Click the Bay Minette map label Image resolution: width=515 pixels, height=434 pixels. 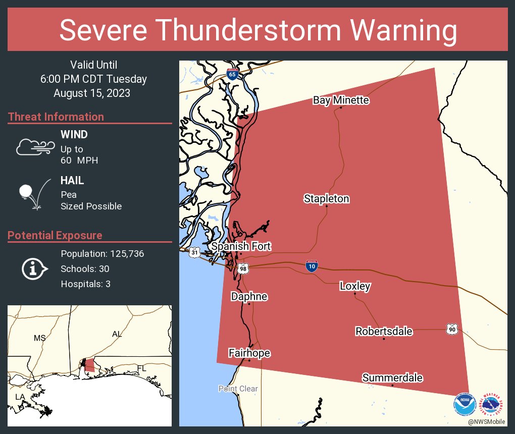pyautogui.click(x=341, y=100)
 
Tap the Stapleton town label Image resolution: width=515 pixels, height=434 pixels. pyautogui.click(x=326, y=199)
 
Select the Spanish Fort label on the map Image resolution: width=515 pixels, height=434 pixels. pyautogui.click(x=241, y=246)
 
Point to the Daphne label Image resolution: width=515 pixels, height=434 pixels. pyautogui.click(x=249, y=297)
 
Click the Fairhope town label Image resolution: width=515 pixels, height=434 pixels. pyautogui.click(x=249, y=353)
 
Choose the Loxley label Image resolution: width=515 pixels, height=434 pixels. pyautogui.click(x=355, y=287)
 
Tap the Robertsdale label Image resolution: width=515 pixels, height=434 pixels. pyautogui.click(x=384, y=332)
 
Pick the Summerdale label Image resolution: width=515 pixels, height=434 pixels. pyautogui.click(x=392, y=378)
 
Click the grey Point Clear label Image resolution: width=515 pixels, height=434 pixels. pyautogui.click(x=238, y=389)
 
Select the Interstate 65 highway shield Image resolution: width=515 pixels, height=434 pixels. pyautogui.click(x=232, y=74)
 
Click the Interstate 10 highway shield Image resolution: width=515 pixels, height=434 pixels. pyautogui.click(x=312, y=266)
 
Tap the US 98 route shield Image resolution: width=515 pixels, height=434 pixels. pyautogui.click(x=243, y=269)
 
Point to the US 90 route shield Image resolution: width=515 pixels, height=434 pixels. pyautogui.click(x=451, y=329)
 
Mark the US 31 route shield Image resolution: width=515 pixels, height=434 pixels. pyautogui.click(x=194, y=252)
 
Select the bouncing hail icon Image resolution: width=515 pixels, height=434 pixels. pyautogui.click(x=34, y=193)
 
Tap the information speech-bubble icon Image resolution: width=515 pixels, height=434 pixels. pyautogui.click(x=34, y=269)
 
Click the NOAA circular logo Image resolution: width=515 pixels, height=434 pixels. pyautogui.click(x=465, y=404)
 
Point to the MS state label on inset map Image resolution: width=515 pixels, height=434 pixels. pyautogui.click(x=39, y=338)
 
